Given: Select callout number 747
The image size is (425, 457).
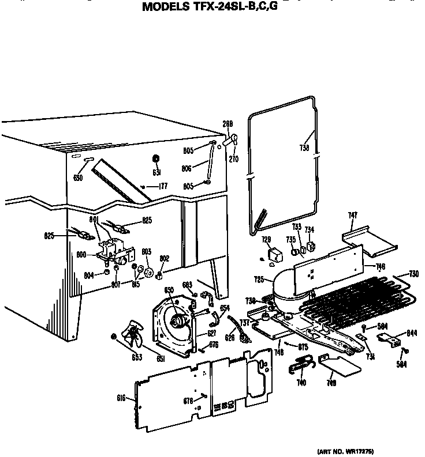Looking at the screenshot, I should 353,215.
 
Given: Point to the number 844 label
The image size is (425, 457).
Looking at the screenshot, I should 412,333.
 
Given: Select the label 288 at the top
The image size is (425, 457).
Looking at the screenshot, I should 228,123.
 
